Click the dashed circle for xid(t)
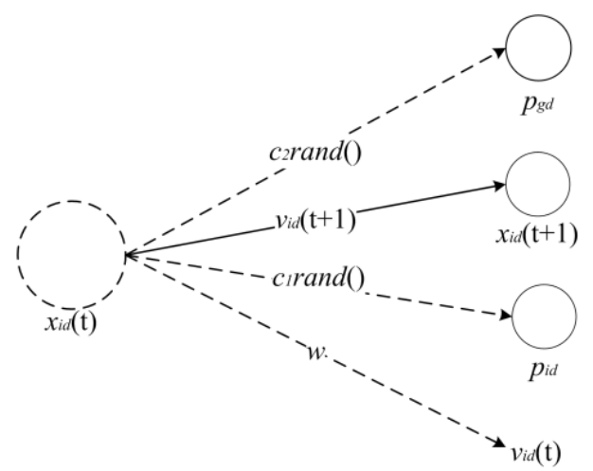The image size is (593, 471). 71,253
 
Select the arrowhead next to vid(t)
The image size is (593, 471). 499,441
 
